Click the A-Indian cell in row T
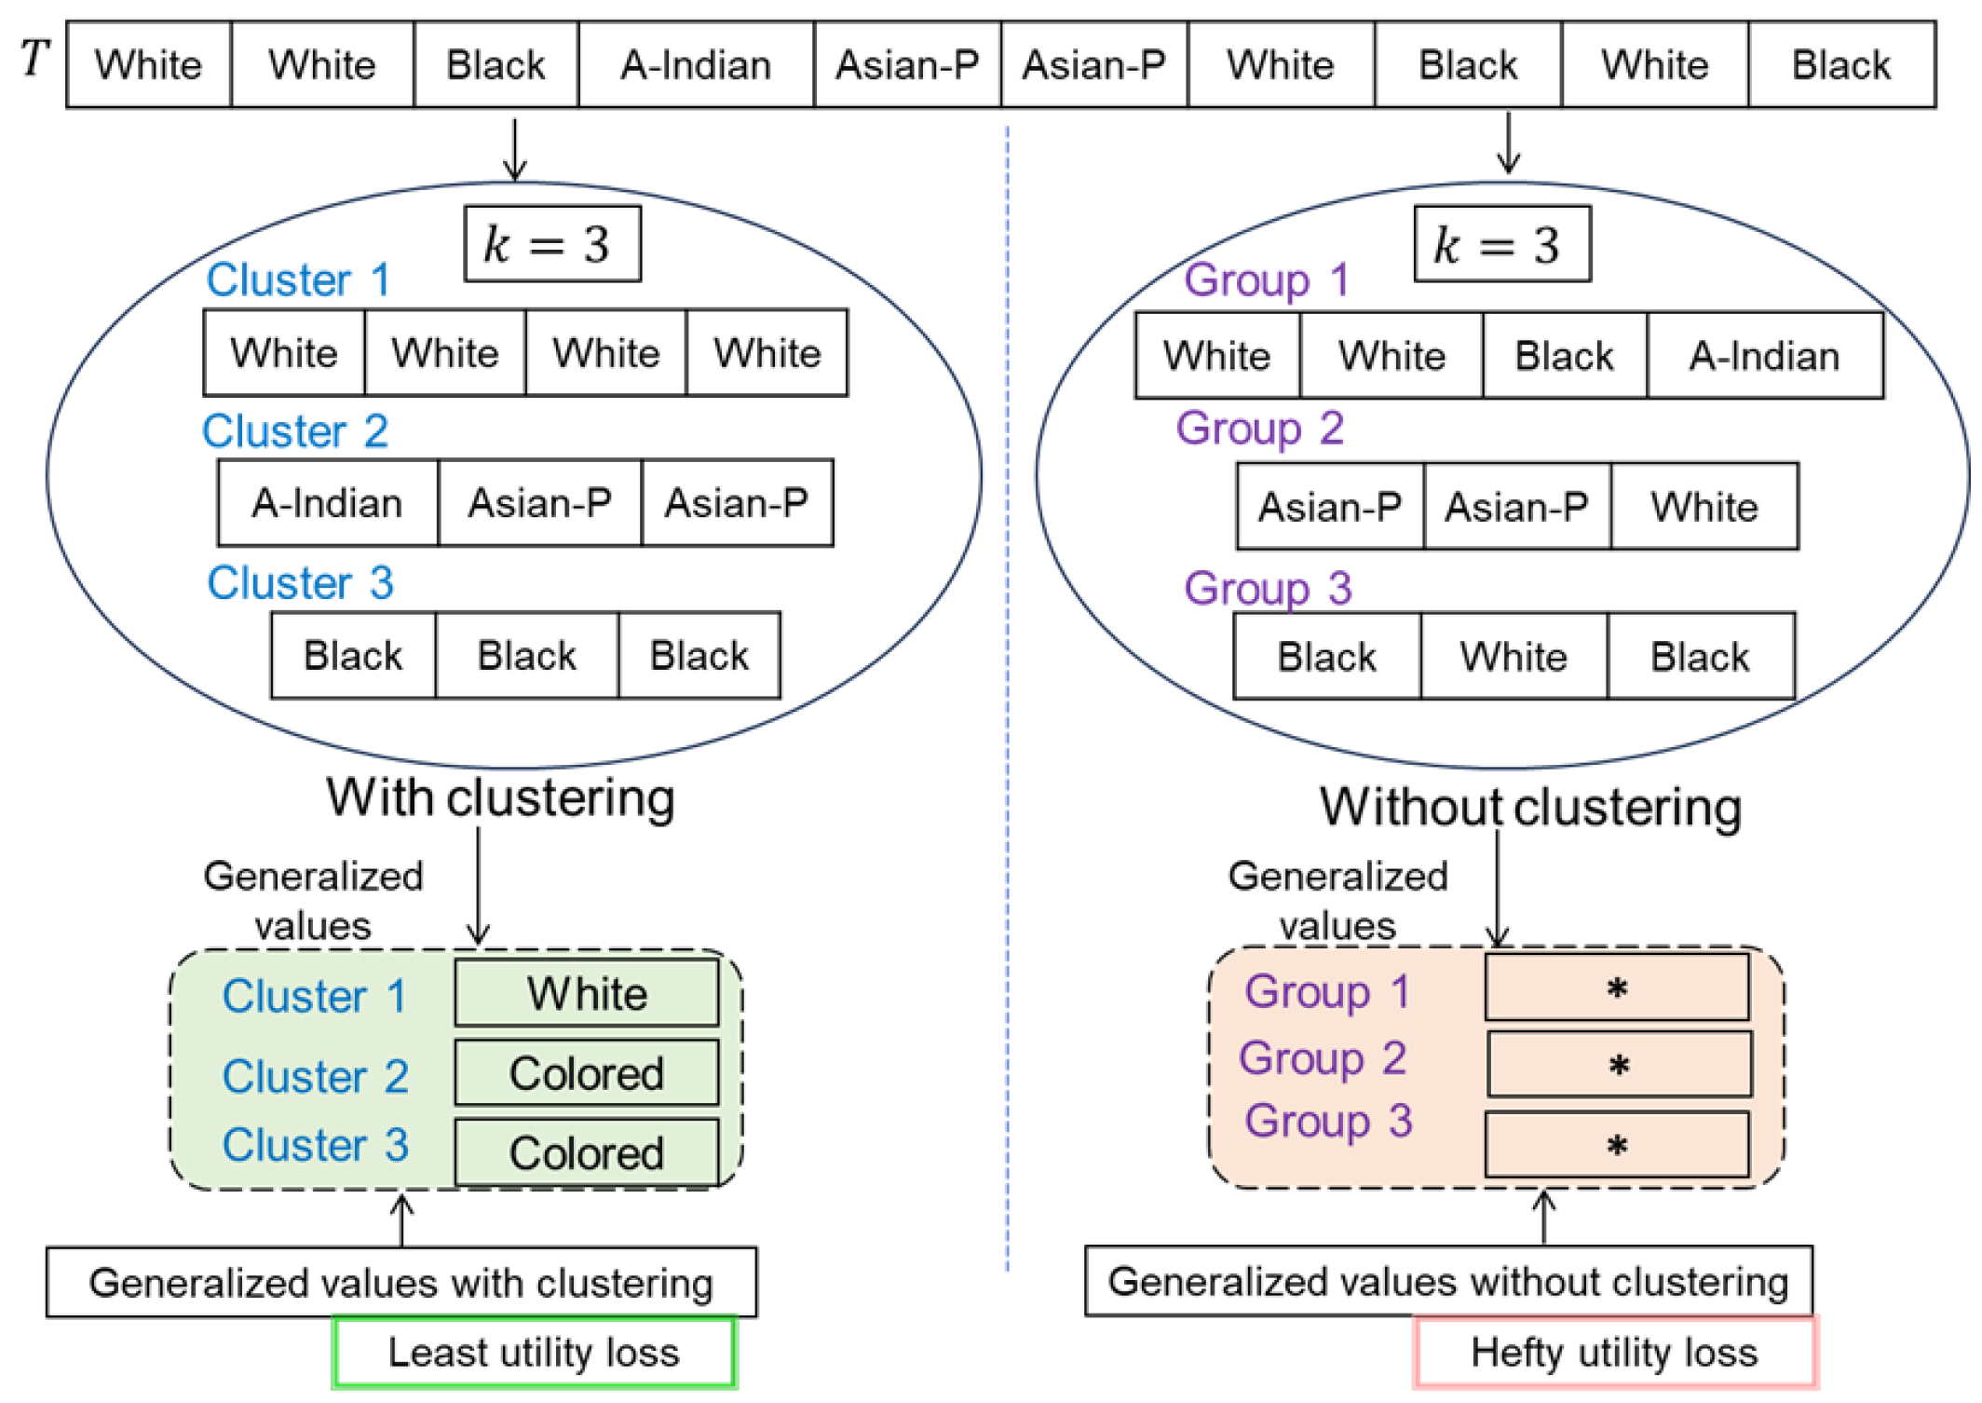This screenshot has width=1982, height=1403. coord(696,65)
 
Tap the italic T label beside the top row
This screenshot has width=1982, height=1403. coord(34,58)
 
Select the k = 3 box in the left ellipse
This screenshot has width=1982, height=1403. coord(552,244)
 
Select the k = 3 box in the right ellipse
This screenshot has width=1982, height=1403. coord(1501,244)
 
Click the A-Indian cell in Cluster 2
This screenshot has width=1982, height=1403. coord(328,503)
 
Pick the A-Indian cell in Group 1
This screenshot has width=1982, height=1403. coord(1764,356)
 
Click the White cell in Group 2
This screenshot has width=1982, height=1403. coord(1704,507)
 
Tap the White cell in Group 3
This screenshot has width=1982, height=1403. coord(1513,657)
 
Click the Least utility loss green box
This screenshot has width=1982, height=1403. coord(534,1352)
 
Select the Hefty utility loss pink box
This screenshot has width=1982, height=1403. coord(1614,1352)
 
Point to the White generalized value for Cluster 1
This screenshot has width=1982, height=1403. coord(587,993)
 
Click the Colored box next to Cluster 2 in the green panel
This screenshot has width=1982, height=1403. coord(587,1073)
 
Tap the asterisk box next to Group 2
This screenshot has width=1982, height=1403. coord(1619,1064)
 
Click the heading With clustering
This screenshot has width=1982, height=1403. coord(500,798)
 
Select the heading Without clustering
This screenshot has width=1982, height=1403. coord(1530,807)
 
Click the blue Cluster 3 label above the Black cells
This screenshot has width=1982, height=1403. coord(300,583)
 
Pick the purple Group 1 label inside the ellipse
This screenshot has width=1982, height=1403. coord(1266,279)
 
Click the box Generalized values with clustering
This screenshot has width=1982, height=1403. coord(401,1283)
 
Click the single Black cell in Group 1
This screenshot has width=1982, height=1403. coord(1564,356)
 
